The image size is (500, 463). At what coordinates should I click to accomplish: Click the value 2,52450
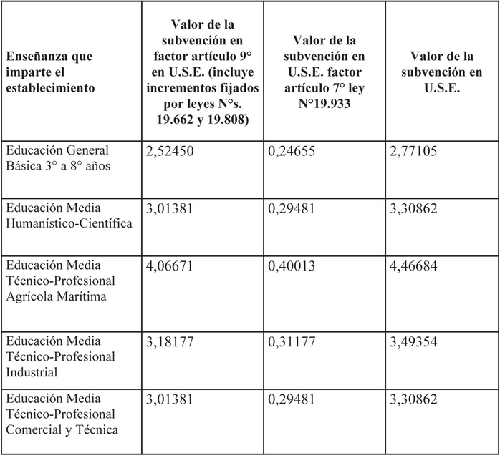click(x=170, y=152)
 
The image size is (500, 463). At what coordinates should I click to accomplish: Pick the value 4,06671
click(x=170, y=265)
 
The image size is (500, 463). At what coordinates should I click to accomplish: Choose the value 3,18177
click(x=170, y=341)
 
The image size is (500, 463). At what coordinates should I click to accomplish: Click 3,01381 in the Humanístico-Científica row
click(x=170, y=208)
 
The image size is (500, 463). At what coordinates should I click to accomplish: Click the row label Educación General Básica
click(x=57, y=158)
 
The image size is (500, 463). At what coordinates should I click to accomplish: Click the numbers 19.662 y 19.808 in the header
click(x=202, y=120)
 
